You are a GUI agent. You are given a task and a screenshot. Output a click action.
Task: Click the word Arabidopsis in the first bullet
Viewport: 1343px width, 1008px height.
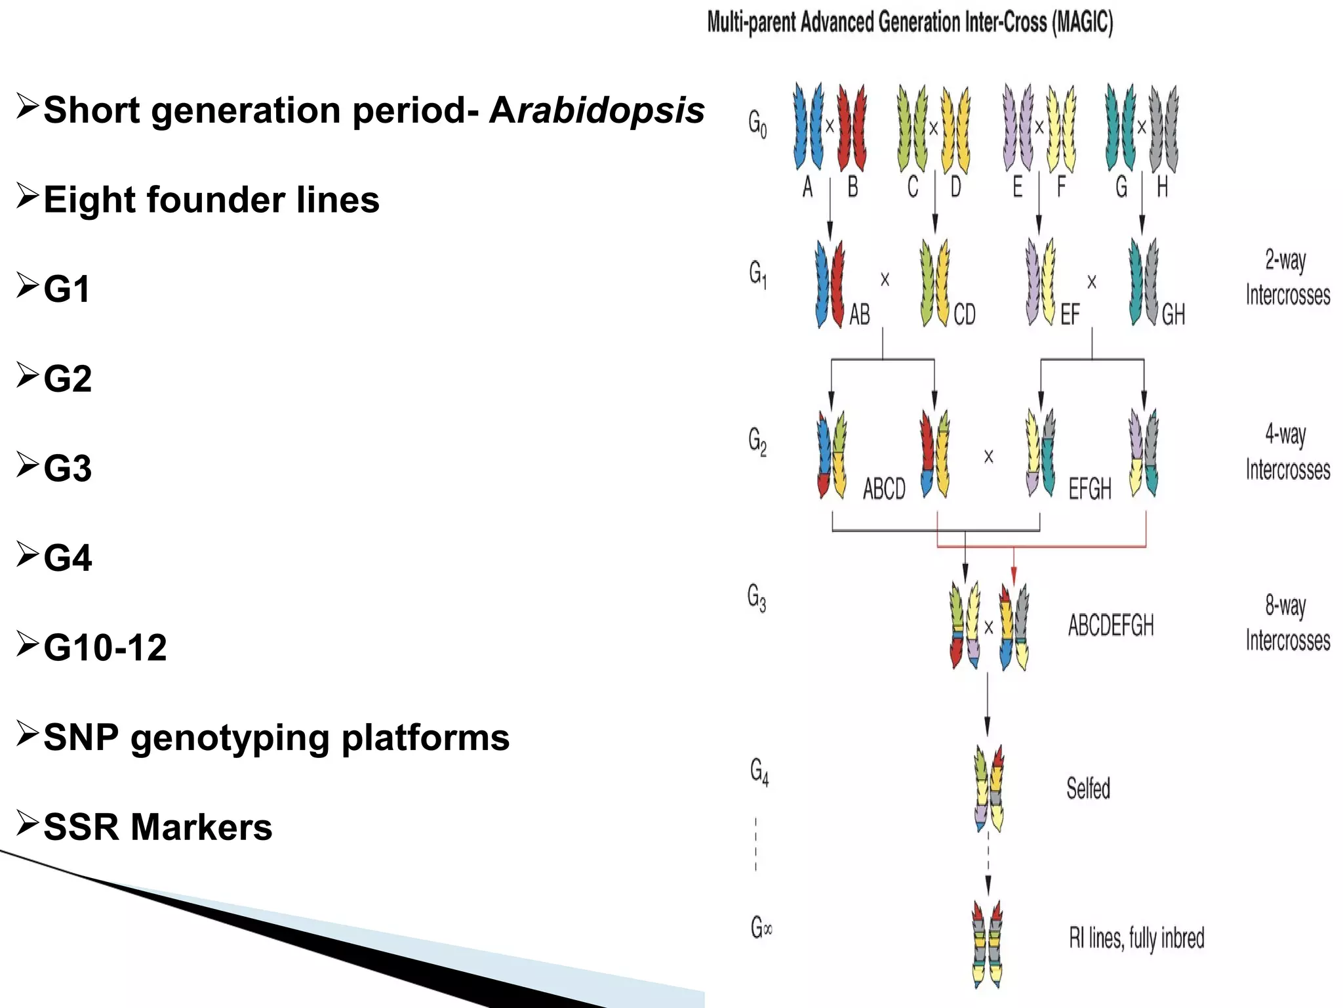click(597, 110)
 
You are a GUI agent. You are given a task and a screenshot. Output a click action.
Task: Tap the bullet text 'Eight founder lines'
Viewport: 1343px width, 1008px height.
click(211, 199)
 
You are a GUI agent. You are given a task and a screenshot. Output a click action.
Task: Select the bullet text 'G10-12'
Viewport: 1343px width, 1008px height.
click(105, 648)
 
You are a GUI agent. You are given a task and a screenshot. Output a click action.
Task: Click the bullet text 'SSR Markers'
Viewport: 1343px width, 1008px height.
click(157, 827)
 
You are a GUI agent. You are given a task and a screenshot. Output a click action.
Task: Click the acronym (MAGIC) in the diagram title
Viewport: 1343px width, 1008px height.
click(1082, 24)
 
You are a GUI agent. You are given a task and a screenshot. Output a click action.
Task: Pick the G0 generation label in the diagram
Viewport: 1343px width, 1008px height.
click(757, 124)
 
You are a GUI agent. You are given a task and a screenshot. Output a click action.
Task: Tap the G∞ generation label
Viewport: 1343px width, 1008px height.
click(761, 928)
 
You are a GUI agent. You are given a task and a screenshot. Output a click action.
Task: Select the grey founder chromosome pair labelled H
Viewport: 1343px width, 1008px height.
click(1164, 129)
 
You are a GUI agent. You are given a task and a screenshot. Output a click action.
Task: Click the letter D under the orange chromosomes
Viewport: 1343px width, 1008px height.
click(956, 188)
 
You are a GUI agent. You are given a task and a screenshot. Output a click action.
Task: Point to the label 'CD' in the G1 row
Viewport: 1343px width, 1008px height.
click(965, 314)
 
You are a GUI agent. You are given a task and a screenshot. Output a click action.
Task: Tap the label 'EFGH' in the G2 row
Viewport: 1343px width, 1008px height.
click(1090, 489)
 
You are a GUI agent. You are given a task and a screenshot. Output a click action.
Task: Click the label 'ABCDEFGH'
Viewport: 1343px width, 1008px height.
click(1111, 625)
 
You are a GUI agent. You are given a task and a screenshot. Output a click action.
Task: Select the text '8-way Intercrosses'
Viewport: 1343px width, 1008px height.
click(1288, 623)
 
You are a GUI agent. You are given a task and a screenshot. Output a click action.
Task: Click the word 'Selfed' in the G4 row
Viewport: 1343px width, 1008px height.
click(1089, 788)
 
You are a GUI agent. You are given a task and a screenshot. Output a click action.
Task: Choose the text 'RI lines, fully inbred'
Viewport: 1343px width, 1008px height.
click(1136, 938)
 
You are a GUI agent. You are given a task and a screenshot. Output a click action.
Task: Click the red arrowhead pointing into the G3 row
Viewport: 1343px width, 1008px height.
click(1014, 576)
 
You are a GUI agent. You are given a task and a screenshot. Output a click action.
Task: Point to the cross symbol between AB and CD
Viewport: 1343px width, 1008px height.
click(885, 280)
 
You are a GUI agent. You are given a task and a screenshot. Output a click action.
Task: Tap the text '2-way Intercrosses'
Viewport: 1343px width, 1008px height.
click(1288, 278)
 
